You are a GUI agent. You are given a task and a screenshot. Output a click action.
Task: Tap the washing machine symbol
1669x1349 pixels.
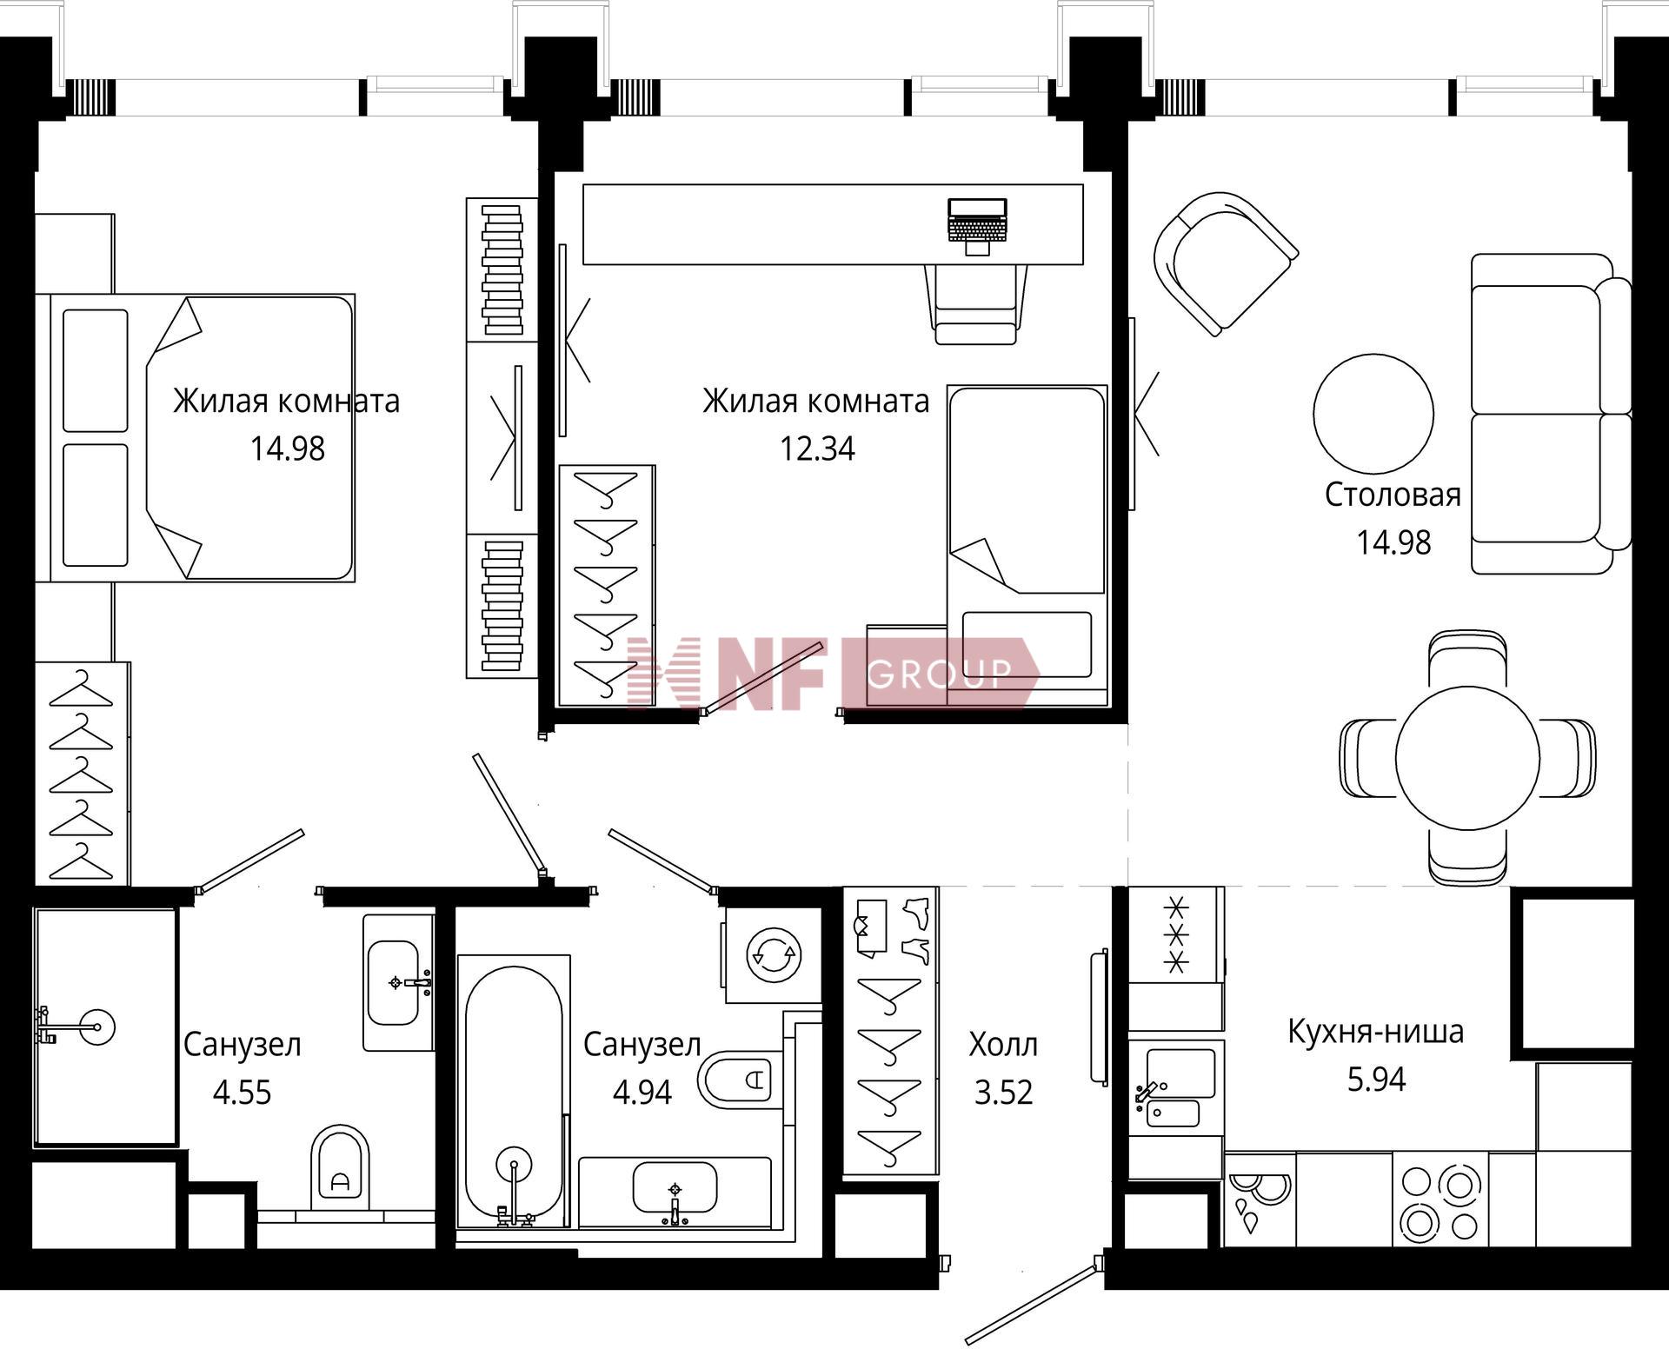pyautogui.click(x=774, y=955)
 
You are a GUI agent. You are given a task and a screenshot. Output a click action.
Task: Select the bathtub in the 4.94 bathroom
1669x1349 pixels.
pyautogui.click(x=514, y=1091)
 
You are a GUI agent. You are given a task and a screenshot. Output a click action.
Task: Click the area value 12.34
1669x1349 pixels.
pyautogui.click(x=817, y=449)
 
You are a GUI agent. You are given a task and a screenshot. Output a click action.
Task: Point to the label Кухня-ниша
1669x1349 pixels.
pyautogui.click(x=1375, y=1032)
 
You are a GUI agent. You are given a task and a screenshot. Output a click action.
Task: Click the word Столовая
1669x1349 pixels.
pyautogui.click(x=1393, y=495)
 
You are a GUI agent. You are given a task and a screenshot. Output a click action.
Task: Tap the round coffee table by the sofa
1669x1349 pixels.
pyautogui.click(x=1373, y=414)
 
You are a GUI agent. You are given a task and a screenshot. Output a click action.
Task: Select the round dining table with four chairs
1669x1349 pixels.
pyautogui.click(x=1467, y=758)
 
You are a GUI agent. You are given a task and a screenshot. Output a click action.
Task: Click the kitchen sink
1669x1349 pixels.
pyautogui.click(x=1176, y=1087)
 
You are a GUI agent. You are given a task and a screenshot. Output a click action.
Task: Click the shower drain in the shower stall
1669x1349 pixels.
pyautogui.click(x=96, y=1027)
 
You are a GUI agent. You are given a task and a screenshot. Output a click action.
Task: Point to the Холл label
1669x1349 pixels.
pyautogui.click(x=1003, y=1044)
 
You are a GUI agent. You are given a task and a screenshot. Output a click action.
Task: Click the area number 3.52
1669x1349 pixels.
pyautogui.click(x=1003, y=1093)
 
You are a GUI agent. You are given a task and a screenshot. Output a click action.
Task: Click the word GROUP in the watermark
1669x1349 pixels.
pyautogui.click(x=939, y=674)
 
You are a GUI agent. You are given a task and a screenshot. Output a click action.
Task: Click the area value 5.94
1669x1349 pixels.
pyautogui.click(x=1376, y=1080)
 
